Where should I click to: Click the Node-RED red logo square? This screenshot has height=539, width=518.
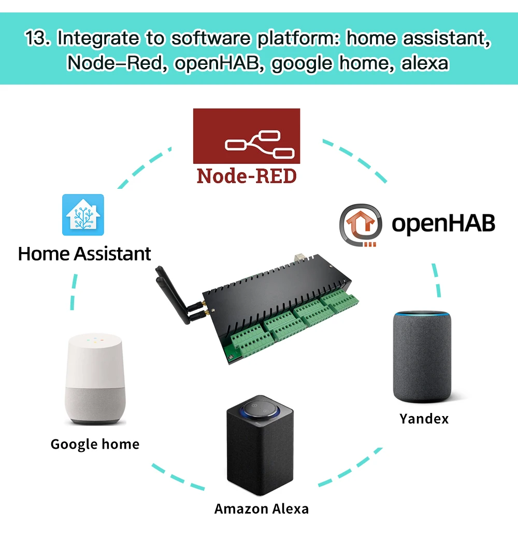point(247,136)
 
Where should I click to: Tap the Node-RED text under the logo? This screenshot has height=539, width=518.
point(247,176)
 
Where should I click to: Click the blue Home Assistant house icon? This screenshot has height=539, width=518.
point(83,215)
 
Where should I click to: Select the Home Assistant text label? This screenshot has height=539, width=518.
point(84,254)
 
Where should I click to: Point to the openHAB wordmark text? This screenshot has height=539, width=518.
point(443,224)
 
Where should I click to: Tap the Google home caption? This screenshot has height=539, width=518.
point(95,444)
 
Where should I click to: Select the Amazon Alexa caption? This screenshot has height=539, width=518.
point(262,508)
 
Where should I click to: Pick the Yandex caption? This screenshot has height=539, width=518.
point(424,418)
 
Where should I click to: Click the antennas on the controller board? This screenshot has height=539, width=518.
point(176,296)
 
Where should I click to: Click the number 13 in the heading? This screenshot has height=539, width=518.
point(37,39)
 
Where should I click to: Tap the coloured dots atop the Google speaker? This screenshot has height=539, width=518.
point(95,340)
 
